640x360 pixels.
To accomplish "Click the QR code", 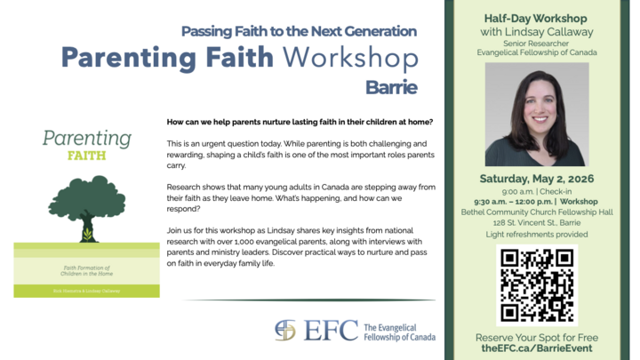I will [536, 284].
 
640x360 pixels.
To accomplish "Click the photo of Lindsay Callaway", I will [536, 115].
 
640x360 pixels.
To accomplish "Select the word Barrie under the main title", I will [391, 87].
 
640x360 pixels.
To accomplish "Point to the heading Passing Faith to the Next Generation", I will [299, 31].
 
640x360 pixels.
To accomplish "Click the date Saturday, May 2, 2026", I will [536, 177].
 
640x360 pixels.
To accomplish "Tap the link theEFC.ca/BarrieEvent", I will [536, 350].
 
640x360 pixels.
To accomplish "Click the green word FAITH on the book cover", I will [86, 155].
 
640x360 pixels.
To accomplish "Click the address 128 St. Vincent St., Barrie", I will [536, 222].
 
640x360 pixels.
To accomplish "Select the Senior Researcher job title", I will [536, 42].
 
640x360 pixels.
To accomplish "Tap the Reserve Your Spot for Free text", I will [536, 338].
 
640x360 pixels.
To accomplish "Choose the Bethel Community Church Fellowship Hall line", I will [536, 212].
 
